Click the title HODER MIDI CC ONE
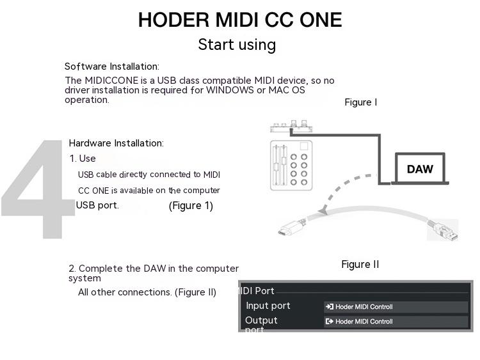tap(240, 20)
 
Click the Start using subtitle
tap(237, 45)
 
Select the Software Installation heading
tap(112, 67)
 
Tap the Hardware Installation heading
tap(116, 143)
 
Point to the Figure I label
tap(360, 102)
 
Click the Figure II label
tap(360, 265)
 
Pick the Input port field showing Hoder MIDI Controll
tap(396, 307)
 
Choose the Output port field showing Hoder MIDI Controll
tap(396, 322)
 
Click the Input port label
tap(268, 306)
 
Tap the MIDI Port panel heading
tap(257, 291)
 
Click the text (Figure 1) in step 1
tap(191, 206)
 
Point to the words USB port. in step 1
tap(97, 206)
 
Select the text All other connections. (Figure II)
tap(147, 292)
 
